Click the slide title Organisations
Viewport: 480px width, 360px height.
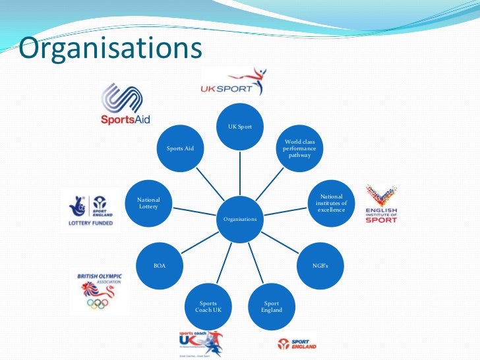(x=109, y=47)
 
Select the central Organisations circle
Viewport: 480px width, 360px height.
(x=240, y=218)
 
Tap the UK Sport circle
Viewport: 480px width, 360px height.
(x=240, y=126)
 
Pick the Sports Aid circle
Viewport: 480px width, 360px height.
(x=180, y=148)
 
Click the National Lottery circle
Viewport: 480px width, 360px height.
(x=148, y=203)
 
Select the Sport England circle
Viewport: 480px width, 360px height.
(x=272, y=307)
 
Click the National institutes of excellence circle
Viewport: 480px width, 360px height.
(x=331, y=203)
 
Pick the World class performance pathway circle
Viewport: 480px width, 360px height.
(x=299, y=148)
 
